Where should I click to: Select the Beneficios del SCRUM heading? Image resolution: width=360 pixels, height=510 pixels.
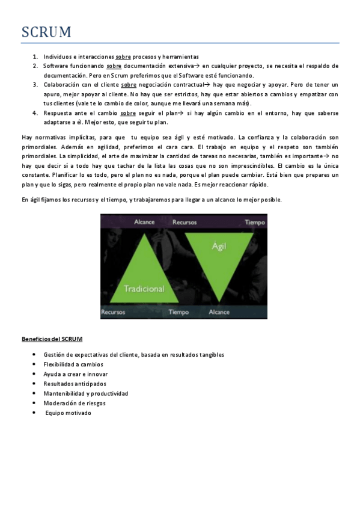pos(52,339)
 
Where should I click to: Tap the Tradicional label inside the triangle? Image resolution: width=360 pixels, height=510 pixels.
pos(144,289)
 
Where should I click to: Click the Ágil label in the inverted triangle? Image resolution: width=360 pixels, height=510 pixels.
pos(218,246)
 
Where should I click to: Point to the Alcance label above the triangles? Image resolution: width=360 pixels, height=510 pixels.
pos(145,222)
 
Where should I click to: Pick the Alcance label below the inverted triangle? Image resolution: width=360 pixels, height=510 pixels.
pos(219,312)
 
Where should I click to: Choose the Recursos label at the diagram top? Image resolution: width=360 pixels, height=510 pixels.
pos(185,222)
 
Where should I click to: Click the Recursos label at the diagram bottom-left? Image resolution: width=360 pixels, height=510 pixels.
pos(114,312)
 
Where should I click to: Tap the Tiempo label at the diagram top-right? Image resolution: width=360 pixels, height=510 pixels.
pos(255,222)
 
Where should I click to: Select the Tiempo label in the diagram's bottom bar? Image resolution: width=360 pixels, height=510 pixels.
pos(178,312)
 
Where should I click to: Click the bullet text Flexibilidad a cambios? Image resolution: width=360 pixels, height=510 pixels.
pos(73,364)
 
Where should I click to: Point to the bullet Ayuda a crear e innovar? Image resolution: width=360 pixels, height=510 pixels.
pos(76,374)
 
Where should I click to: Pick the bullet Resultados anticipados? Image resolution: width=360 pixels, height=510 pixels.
pos(75,384)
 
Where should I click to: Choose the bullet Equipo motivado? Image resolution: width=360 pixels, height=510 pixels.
pos(69,413)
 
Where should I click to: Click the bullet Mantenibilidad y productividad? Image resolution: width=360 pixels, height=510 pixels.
pos(86,393)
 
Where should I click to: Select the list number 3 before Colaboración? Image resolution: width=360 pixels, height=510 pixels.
pos(35,85)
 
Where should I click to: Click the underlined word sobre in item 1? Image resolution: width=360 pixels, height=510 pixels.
pos(123,57)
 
